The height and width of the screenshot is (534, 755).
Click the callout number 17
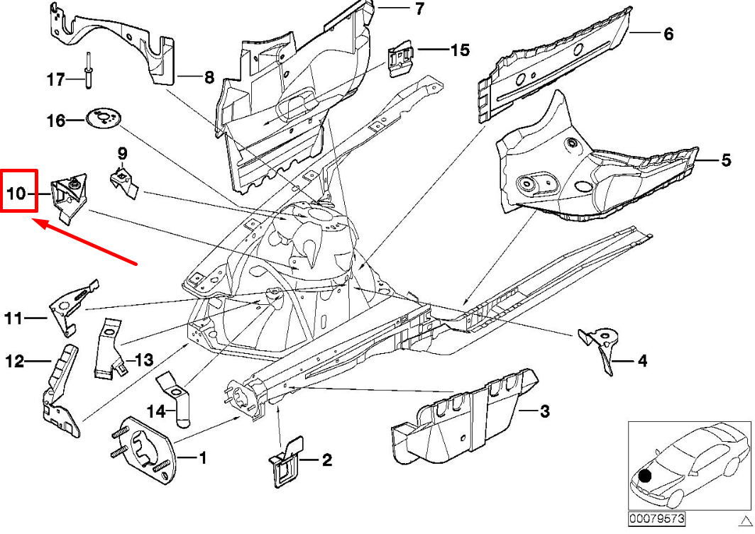[x=56, y=79]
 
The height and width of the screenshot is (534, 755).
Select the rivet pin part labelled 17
[x=88, y=71]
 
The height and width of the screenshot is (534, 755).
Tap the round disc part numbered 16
[x=104, y=118]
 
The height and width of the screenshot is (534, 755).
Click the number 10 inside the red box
[x=17, y=193]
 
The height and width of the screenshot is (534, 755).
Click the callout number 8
[x=209, y=78]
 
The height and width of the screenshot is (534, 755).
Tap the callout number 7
[x=419, y=9]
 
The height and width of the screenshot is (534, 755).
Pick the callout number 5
[x=725, y=161]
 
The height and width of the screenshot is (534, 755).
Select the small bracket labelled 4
[x=600, y=346]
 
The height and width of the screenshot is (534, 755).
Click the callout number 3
[x=544, y=411]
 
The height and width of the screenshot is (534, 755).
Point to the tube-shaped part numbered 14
[x=179, y=401]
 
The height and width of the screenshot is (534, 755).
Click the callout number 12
[x=16, y=362]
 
